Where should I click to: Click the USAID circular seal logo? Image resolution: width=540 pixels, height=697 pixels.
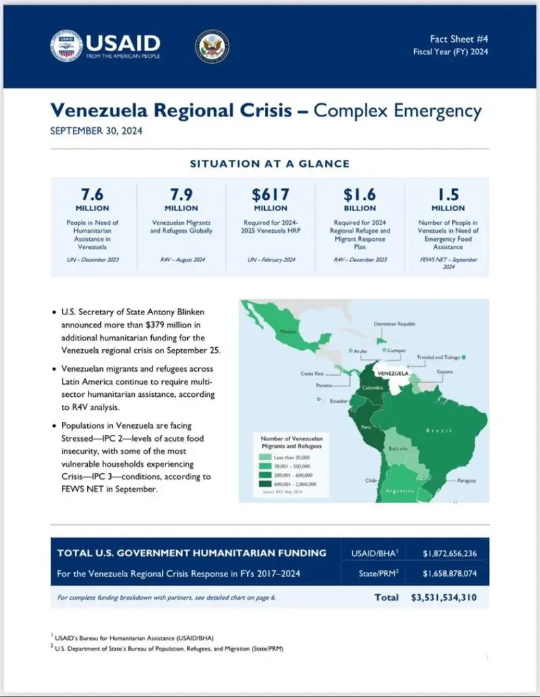coord(66,46)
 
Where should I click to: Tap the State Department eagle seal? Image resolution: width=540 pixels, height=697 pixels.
coord(212,46)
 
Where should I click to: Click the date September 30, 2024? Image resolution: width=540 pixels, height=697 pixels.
coord(96,131)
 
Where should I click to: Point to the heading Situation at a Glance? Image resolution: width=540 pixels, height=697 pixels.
coord(270,164)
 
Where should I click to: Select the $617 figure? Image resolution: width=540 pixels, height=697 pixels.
coord(270,193)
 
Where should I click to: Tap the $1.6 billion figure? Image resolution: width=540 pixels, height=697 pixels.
coord(360,193)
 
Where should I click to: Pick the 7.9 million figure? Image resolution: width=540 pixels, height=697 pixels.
coord(181,193)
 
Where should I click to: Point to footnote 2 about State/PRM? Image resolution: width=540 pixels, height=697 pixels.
coord(167,649)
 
